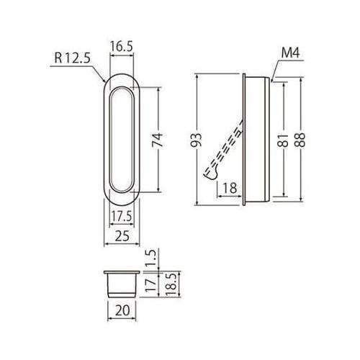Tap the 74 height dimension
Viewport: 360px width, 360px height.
pos(166,140)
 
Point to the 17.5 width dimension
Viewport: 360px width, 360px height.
pos(120,214)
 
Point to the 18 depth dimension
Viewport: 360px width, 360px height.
pos(230,189)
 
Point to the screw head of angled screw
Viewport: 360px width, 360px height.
pos(211,174)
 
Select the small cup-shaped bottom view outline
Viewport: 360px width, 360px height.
pos(120,283)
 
